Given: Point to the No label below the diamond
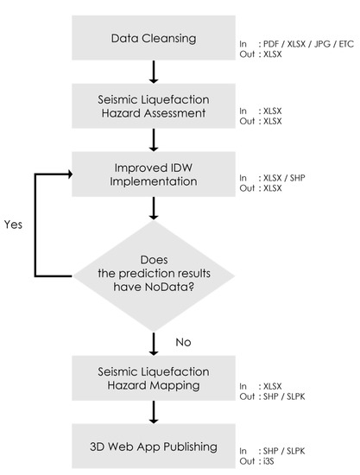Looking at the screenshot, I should point(183,343).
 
